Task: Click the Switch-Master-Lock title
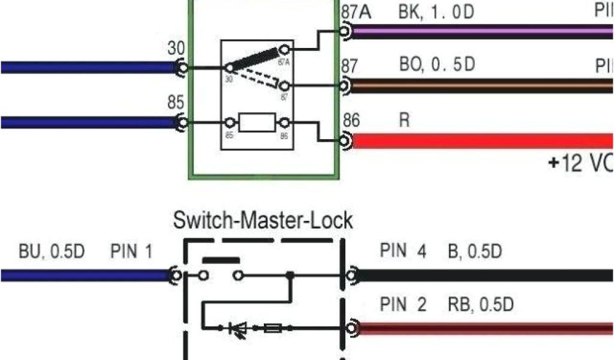[x=263, y=220]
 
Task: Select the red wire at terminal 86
[x=480, y=142]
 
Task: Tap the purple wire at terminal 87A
[x=480, y=31]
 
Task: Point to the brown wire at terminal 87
[x=480, y=86]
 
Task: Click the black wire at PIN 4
[x=480, y=275]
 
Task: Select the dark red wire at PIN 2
[x=480, y=329]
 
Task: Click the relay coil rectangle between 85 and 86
[x=257, y=123]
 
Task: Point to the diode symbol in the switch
[x=239, y=328]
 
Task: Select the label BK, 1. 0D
[x=436, y=12]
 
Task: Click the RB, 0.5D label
[x=480, y=305]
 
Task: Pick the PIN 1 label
[x=131, y=251]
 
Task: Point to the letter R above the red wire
[x=405, y=120]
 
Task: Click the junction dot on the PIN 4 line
[x=291, y=275]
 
